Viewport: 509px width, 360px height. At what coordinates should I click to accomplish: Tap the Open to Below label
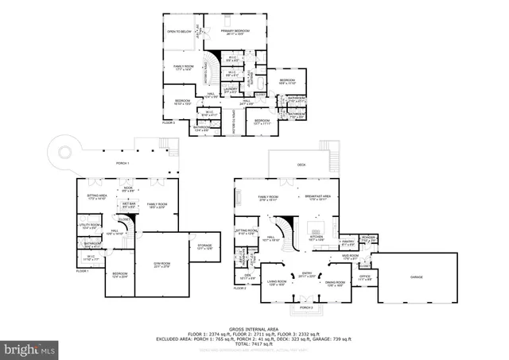179,32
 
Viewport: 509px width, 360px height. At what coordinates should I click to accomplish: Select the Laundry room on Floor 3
231,90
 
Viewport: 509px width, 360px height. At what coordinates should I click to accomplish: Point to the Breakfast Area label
318,197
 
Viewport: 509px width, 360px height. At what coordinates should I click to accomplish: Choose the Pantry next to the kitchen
348,243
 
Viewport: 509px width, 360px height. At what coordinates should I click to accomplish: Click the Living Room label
276,282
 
